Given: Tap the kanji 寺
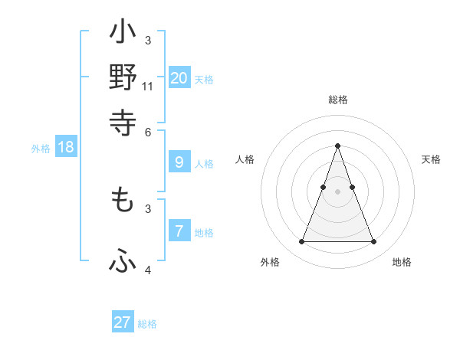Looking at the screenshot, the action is (123, 122).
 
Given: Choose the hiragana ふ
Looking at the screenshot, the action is (123, 262).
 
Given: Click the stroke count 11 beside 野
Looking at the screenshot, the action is (148, 87).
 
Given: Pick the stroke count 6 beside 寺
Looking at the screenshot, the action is (148, 131).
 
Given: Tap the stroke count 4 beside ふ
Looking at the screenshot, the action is (148, 270).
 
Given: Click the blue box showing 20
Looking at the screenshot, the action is (179, 77).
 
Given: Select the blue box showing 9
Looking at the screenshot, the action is (179, 162).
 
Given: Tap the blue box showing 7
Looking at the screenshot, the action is (179, 231).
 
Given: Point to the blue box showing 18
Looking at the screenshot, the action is (66, 147).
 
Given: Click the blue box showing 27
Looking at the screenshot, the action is (123, 322).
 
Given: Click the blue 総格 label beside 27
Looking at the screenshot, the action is (147, 324).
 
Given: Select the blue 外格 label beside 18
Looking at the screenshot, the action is (41, 149).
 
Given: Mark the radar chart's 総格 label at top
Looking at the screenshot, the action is (337, 100).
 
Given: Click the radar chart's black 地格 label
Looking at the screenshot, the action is (402, 262).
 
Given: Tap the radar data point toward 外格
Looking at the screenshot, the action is (301, 242).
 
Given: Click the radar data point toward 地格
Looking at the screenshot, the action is (373, 242).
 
